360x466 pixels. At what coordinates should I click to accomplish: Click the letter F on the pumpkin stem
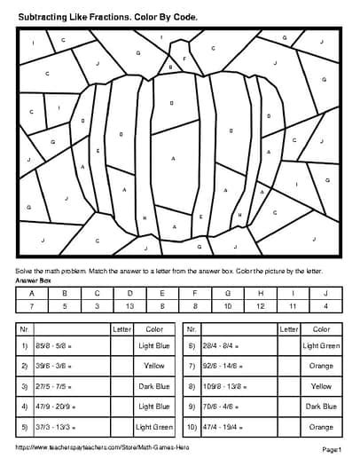(x=184, y=59)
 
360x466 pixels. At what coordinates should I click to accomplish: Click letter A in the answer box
(x=33, y=292)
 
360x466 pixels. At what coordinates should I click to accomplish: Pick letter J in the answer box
(x=325, y=292)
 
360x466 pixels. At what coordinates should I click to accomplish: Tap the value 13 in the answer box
(x=130, y=305)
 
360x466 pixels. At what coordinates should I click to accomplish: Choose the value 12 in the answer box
(x=260, y=305)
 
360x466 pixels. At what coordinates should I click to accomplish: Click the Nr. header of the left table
(x=24, y=328)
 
